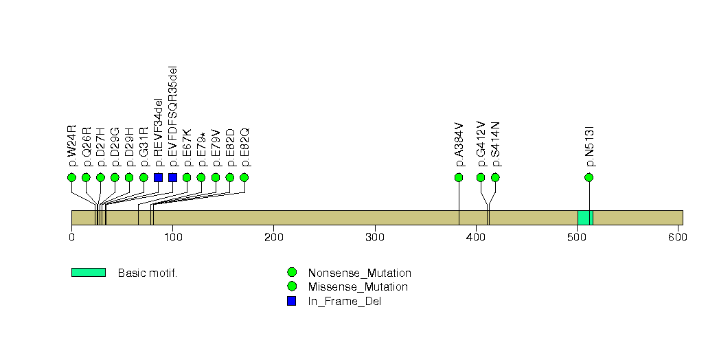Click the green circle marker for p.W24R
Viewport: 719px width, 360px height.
click(x=71, y=177)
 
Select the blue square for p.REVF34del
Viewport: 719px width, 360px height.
click(x=158, y=177)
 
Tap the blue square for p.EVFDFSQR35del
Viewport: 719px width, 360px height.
click(x=173, y=177)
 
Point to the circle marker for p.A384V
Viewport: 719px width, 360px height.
click(x=459, y=177)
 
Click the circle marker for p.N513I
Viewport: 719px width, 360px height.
click(x=589, y=177)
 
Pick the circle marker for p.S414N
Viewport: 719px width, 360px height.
click(x=495, y=177)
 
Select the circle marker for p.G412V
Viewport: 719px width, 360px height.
click(x=481, y=177)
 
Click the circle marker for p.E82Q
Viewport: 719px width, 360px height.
click(x=244, y=177)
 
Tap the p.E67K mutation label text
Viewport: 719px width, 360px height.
click(x=187, y=147)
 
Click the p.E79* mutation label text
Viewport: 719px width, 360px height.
click(x=201, y=149)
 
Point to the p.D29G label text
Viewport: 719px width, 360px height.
click(x=115, y=147)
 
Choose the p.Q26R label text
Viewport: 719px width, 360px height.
click(x=87, y=147)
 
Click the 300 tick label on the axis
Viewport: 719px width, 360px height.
click(x=375, y=237)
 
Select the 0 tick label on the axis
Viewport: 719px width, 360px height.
click(x=71, y=237)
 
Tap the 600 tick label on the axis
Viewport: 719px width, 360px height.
click(x=678, y=237)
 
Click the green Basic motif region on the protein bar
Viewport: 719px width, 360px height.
click(x=585, y=218)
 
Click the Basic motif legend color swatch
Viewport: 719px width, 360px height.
click(x=89, y=273)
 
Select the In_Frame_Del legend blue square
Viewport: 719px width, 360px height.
click(x=291, y=301)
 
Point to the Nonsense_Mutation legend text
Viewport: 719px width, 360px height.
click(x=360, y=273)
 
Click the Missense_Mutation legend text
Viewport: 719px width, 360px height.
click(x=358, y=287)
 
